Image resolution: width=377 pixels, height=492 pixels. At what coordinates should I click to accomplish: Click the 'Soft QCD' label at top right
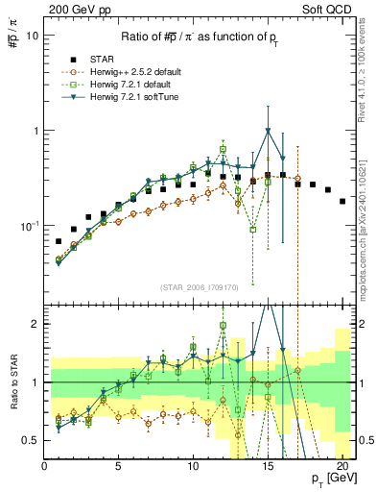tap(332, 9)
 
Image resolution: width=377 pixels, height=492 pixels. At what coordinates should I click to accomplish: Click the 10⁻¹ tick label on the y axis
tap(29, 226)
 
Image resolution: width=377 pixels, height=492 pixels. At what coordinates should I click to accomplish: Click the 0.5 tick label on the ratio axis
tap(32, 440)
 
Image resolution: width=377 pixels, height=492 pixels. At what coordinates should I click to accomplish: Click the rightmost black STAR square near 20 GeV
tap(342, 201)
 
